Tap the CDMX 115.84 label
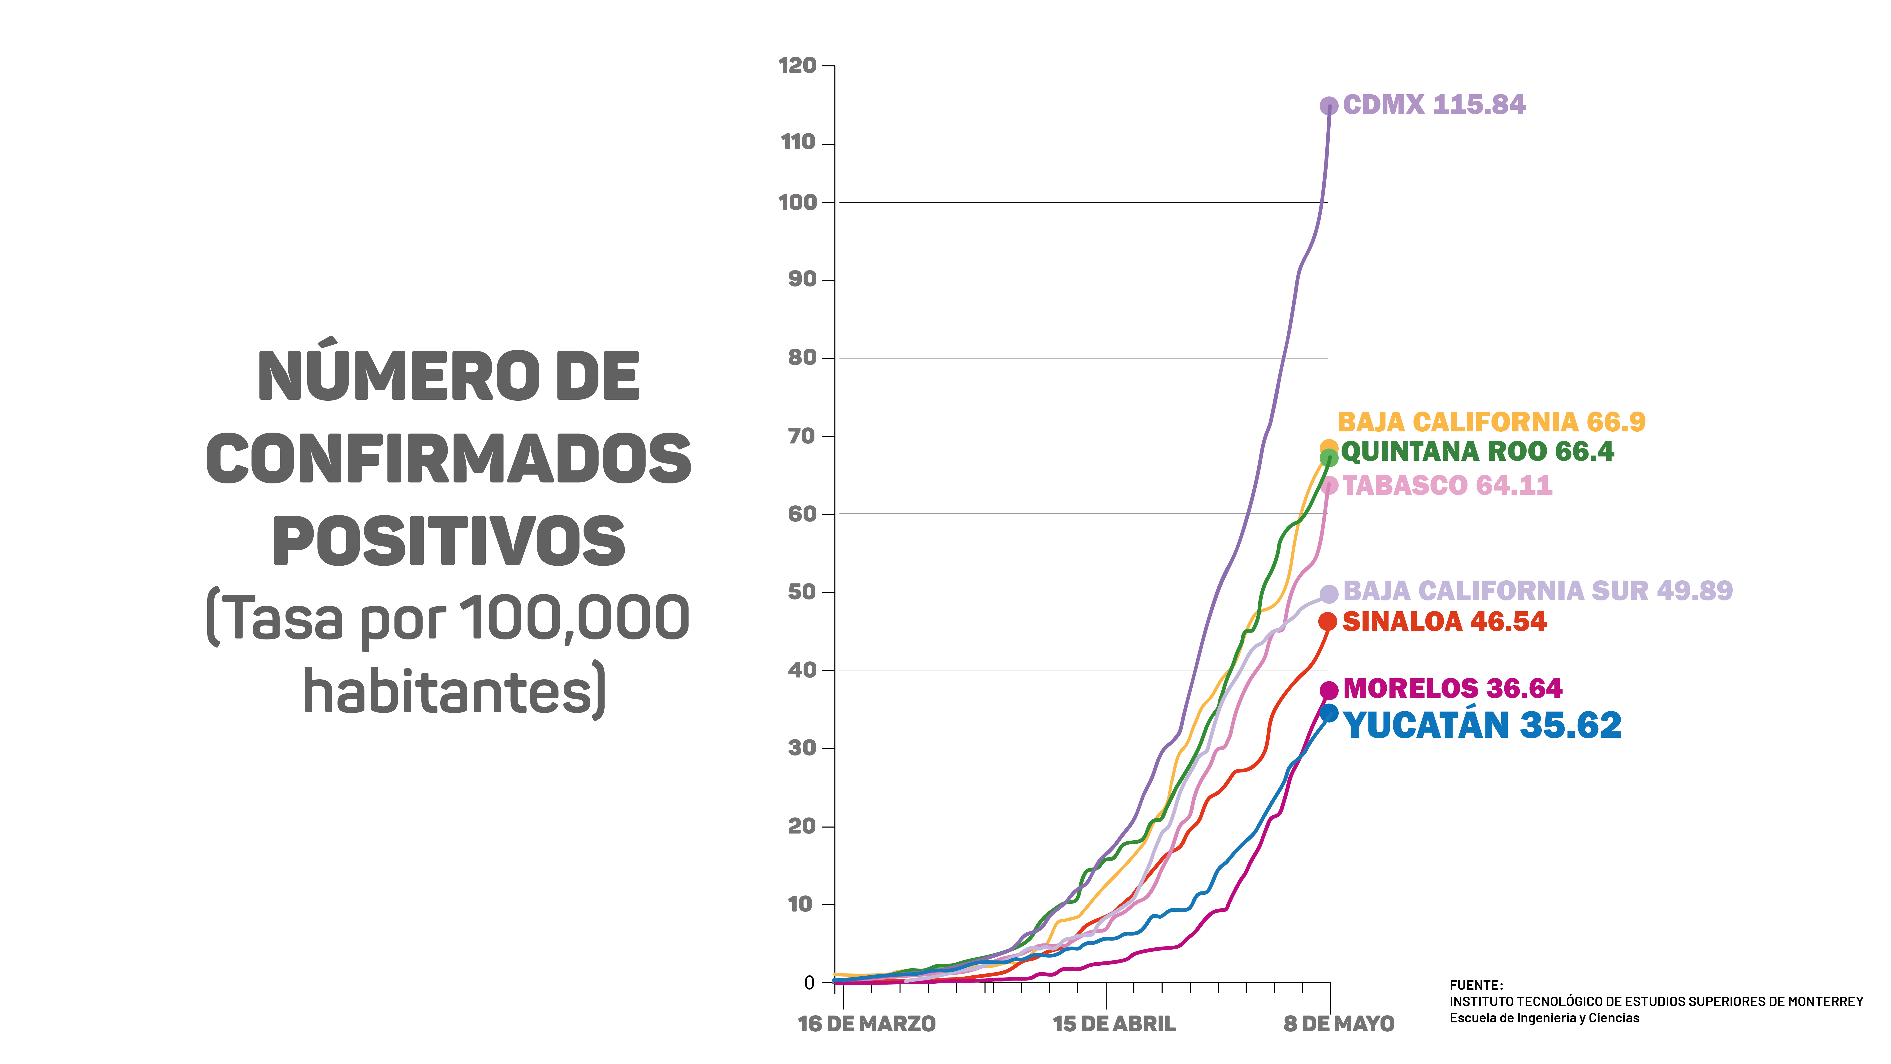pos(1434,105)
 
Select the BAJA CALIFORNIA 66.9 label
pos(1491,422)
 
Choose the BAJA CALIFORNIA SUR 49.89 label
pos(1537,590)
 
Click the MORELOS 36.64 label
pos(1452,689)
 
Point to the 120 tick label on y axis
pos(797,66)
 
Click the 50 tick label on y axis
pos(802,592)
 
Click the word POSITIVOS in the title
pos(449,541)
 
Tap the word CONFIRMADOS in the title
pos(449,459)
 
